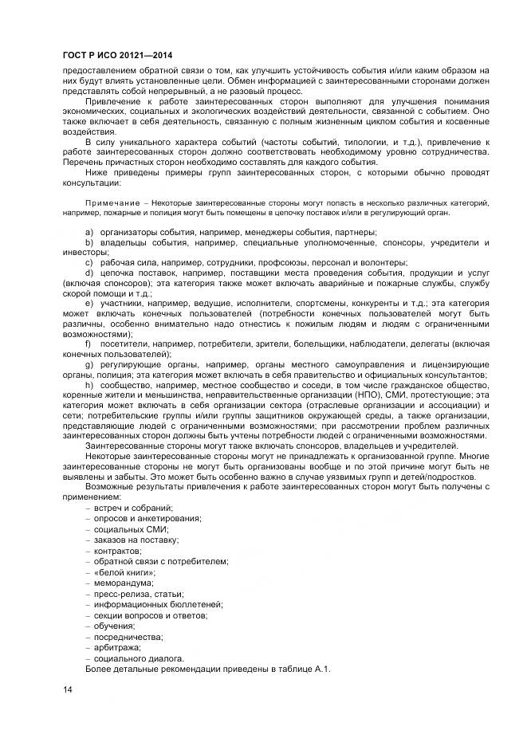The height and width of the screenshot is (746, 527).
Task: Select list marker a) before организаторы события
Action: (88, 231)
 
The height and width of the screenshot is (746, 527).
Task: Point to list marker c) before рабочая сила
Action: (88, 262)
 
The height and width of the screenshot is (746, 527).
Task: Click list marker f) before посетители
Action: (88, 344)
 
